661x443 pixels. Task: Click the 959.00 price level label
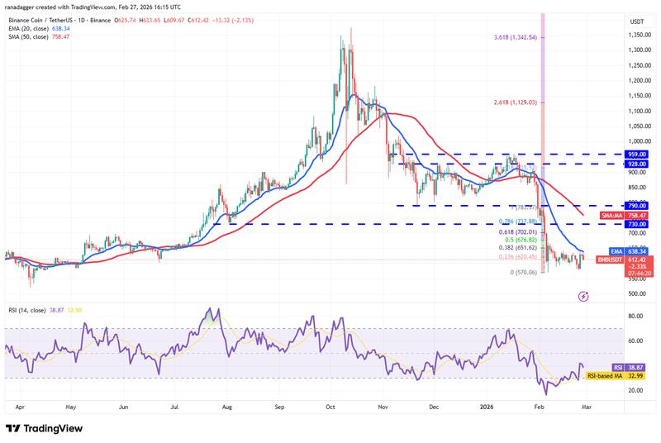pos(637,154)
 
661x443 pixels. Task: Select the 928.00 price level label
pos(637,164)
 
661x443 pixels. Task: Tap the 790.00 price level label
pos(637,205)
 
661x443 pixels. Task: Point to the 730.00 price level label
pos(637,224)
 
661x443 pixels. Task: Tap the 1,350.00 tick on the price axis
pos(637,36)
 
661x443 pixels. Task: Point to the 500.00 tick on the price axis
pos(637,293)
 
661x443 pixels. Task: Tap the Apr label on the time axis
pos(19,407)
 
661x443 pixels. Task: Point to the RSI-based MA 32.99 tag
pos(616,375)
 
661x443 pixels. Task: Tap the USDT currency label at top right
pos(637,21)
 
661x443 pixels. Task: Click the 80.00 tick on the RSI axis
pos(635,316)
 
